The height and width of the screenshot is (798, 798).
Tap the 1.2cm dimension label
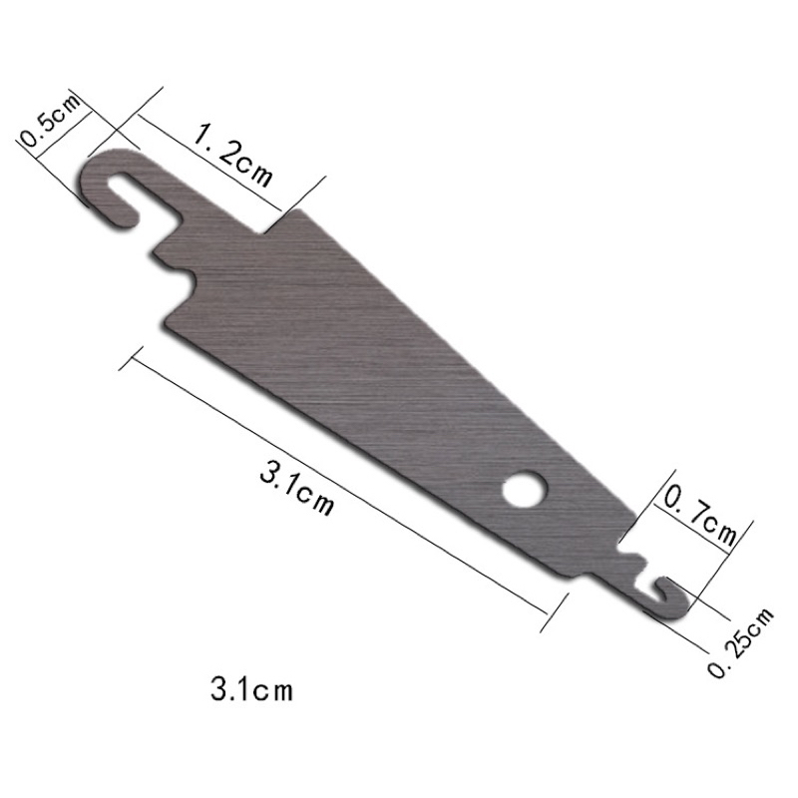(233, 157)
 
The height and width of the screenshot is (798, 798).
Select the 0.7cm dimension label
(700, 517)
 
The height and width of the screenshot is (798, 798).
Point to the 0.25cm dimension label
(740, 642)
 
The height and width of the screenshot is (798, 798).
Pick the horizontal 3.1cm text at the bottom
(252, 689)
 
